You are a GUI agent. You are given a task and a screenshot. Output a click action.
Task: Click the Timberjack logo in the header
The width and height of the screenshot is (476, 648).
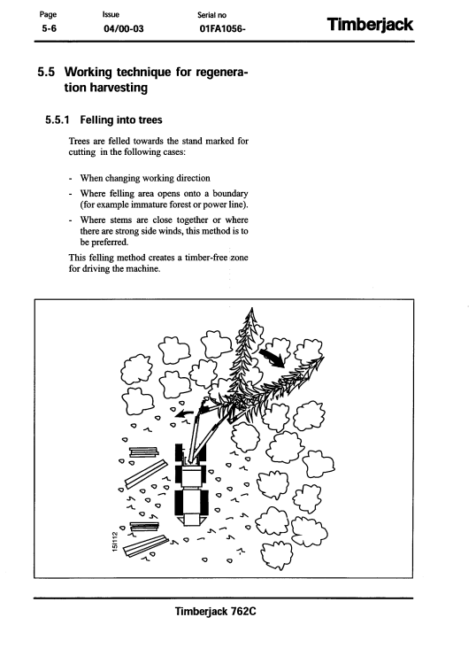point(370,25)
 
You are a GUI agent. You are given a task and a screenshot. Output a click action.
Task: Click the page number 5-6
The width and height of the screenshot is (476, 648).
point(49,29)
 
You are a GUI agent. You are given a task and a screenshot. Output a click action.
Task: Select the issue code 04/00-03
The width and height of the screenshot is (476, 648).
point(124,29)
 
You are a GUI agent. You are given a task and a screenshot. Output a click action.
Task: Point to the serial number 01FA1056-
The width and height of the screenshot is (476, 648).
point(222,29)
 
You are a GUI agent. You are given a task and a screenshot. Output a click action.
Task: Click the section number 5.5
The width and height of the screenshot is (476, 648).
point(46,72)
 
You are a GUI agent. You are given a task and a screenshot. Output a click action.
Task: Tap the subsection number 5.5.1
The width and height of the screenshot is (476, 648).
point(57,120)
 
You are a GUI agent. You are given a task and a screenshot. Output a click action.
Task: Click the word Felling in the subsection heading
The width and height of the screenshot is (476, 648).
point(96,120)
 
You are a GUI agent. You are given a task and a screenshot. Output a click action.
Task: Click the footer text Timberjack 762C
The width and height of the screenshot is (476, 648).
point(215,611)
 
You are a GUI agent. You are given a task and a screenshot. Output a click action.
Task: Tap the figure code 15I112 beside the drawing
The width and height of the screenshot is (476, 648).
point(115,541)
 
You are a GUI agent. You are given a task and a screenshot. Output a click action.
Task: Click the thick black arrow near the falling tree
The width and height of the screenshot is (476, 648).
point(272,358)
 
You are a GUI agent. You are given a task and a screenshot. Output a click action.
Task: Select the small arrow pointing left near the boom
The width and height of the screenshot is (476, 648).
point(183,413)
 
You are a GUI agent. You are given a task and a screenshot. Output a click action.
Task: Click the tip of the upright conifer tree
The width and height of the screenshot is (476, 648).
point(251,308)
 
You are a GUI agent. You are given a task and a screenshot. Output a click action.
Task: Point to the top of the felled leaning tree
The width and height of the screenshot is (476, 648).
point(323,359)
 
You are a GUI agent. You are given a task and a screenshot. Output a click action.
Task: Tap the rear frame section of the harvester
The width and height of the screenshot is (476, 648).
point(190,506)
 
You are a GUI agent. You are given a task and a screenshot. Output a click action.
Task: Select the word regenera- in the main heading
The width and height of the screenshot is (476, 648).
point(222,73)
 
